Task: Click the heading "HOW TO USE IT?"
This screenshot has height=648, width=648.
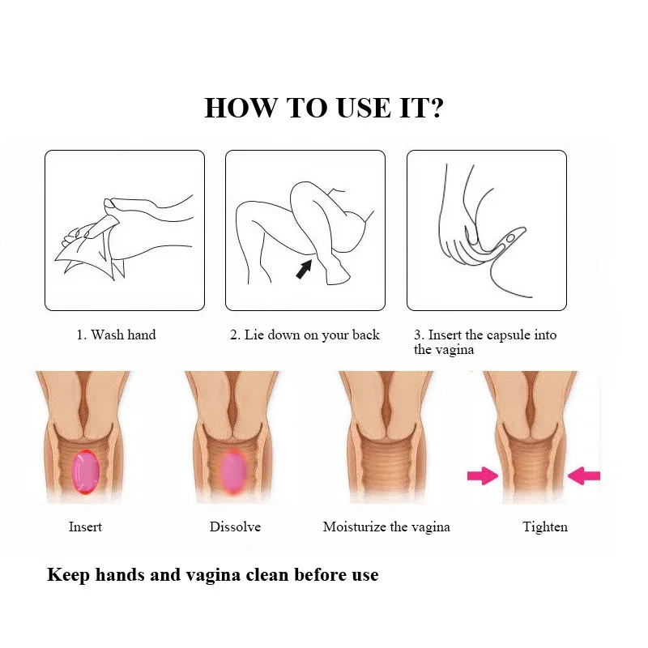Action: pos(323,108)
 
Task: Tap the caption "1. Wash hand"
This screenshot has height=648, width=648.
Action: pos(116,335)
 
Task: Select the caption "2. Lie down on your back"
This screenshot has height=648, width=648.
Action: pos(305,335)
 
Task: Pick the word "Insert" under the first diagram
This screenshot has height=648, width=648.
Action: pos(85,526)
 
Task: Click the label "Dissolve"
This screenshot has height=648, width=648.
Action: pos(235,526)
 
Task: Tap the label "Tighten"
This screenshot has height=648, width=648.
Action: pos(545,526)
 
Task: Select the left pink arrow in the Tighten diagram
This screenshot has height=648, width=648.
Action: pos(483,476)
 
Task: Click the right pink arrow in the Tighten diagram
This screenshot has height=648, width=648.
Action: pos(583,476)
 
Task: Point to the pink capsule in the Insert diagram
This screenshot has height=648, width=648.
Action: pos(85,470)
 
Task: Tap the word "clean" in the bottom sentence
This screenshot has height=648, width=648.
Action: pos(271,575)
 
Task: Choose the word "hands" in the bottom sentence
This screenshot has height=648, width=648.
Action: pos(116,575)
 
